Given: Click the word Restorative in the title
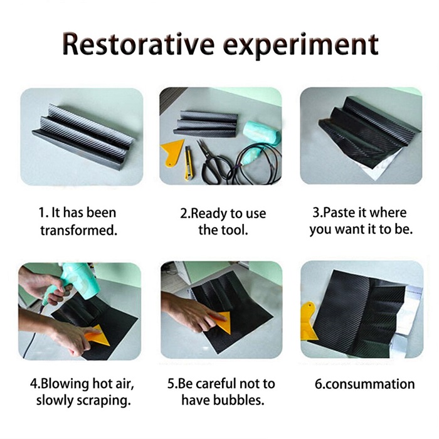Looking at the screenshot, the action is click(x=139, y=45).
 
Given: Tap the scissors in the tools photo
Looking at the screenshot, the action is click(x=213, y=163).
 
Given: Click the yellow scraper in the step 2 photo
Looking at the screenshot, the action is click(x=172, y=152).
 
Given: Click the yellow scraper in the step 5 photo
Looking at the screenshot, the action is click(x=221, y=322).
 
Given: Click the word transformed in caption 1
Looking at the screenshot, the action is click(x=78, y=231).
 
